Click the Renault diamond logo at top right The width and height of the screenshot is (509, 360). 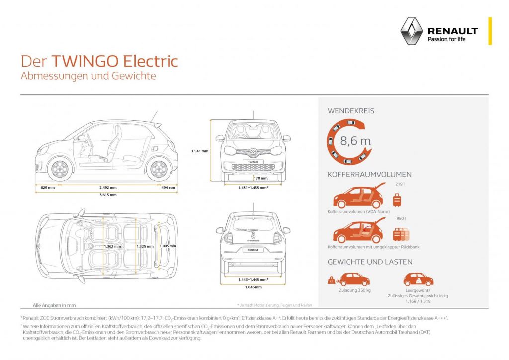pyautogui.click(x=411, y=31)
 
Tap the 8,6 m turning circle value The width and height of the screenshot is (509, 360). pyautogui.click(x=355, y=140)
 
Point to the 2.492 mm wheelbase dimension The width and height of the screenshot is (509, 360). pyautogui.click(x=107, y=187)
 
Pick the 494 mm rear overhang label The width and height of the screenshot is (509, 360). pyautogui.click(x=169, y=187)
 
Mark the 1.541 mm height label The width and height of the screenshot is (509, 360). pyautogui.click(x=200, y=150)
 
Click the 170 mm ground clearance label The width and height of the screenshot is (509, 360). pyautogui.click(x=260, y=178)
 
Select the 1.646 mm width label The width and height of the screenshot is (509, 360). pyautogui.click(x=254, y=287)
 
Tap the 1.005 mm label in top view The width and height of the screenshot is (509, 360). pyautogui.click(x=168, y=246)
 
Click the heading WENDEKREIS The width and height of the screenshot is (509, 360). pyautogui.click(x=351, y=111)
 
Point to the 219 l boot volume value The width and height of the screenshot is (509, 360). pyautogui.click(x=399, y=184)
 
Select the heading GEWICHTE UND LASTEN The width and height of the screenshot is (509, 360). pyautogui.click(x=370, y=262)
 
